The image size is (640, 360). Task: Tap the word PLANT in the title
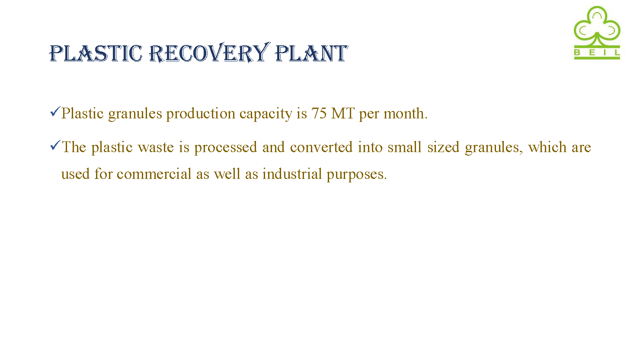[x=311, y=53]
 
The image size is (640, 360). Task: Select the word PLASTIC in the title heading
[x=96, y=53]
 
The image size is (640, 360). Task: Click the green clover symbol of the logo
[x=597, y=26]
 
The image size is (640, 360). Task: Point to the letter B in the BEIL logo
[x=577, y=53]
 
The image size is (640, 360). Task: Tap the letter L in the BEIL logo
[x=617, y=53]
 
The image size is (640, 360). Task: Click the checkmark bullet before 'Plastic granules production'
[x=55, y=112]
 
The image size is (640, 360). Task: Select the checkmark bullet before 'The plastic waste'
[x=55, y=145]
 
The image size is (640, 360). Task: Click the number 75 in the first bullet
[x=319, y=113]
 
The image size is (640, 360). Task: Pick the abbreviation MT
[x=343, y=113]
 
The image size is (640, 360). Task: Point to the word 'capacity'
[x=266, y=114]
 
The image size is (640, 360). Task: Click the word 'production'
[x=201, y=114]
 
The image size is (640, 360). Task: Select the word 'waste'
[x=156, y=147]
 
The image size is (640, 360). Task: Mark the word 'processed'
[x=226, y=148]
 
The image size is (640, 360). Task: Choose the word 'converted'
[x=321, y=147]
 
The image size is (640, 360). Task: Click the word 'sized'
[x=443, y=147]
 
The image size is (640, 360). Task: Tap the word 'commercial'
[x=154, y=174]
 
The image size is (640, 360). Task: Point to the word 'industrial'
[x=292, y=174]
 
